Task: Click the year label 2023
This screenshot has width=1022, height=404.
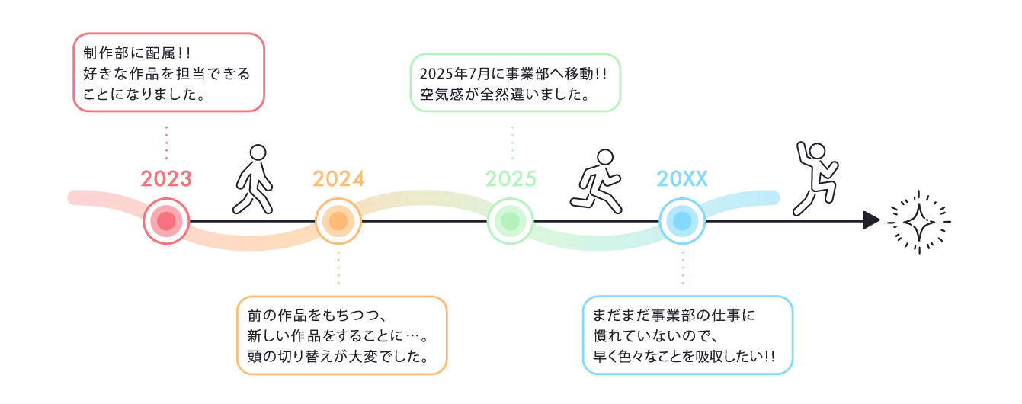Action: (x=166, y=179)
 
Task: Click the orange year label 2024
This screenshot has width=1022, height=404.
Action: (x=338, y=179)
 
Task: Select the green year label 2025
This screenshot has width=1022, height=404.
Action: (x=511, y=179)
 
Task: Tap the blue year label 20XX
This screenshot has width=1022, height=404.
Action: (x=683, y=179)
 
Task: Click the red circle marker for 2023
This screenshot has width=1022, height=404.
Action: (x=166, y=221)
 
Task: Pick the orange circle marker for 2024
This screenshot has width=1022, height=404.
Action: (x=338, y=221)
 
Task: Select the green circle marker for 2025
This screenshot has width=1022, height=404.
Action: (x=511, y=221)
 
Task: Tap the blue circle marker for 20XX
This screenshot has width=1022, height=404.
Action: (x=683, y=221)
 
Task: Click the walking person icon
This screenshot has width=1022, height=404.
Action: (x=254, y=179)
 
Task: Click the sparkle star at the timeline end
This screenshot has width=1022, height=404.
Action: (x=918, y=221)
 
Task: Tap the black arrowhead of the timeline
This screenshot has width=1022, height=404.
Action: (x=871, y=221)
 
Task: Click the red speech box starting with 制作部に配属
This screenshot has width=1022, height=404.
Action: (x=168, y=73)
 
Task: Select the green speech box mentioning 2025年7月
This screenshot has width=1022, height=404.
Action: (x=516, y=83)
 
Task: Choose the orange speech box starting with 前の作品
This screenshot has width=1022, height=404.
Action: (x=341, y=335)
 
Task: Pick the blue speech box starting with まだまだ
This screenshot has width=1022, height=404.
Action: (x=687, y=335)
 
